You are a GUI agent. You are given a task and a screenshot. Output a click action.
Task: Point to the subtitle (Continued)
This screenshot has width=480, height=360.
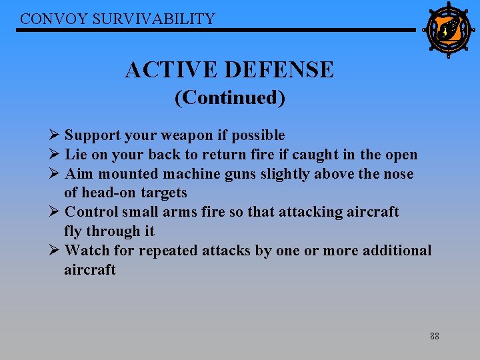click(x=230, y=98)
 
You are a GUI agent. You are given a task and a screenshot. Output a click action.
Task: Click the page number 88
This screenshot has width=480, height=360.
click(x=434, y=336)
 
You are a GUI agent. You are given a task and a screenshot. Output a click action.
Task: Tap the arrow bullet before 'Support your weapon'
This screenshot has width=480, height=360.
click(x=55, y=135)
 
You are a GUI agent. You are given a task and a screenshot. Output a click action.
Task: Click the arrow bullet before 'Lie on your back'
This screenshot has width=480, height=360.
click(x=55, y=155)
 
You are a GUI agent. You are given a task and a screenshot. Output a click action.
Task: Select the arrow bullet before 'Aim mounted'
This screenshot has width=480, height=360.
click(x=55, y=174)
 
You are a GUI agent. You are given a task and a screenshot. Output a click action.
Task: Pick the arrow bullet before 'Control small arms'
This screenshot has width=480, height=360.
click(x=55, y=212)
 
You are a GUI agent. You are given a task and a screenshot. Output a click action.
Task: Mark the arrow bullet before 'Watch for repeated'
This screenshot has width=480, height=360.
click(x=55, y=251)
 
